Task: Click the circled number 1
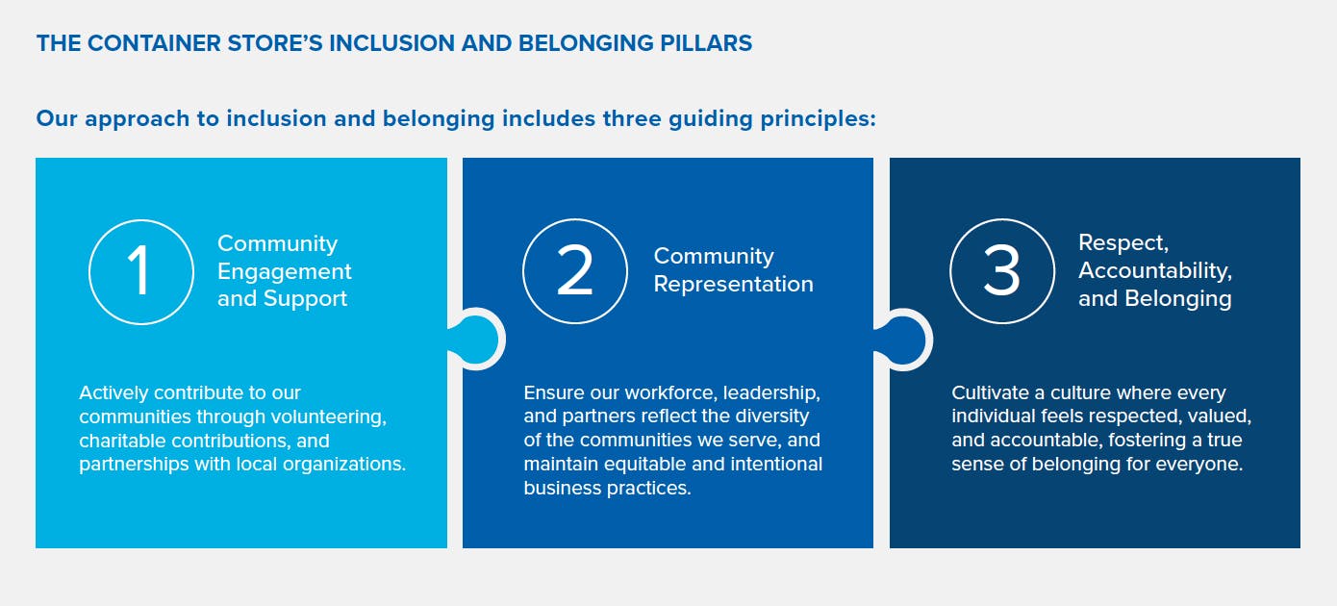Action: (x=141, y=271)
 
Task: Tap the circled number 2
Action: (x=575, y=271)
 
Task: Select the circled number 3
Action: (x=1002, y=271)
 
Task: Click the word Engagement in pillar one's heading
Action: (x=284, y=271)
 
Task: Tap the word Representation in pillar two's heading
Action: (x=734, y=284)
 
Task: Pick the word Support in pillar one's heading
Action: (x=305, y=298)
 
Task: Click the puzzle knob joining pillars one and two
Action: (x=476, y=340)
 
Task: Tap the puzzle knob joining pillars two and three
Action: (x=903, y=340)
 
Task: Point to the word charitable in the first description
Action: (x=122, y=441)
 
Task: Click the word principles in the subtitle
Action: (x=818, y=119)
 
